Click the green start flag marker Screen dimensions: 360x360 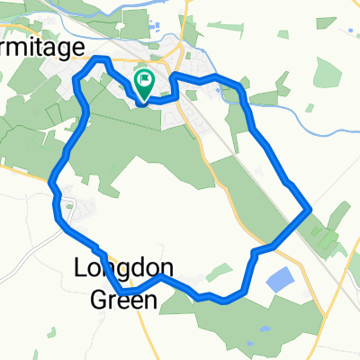click(144, 81)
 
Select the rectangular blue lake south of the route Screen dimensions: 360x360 click(280, 281)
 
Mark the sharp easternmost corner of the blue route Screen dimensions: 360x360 click(310, 210)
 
